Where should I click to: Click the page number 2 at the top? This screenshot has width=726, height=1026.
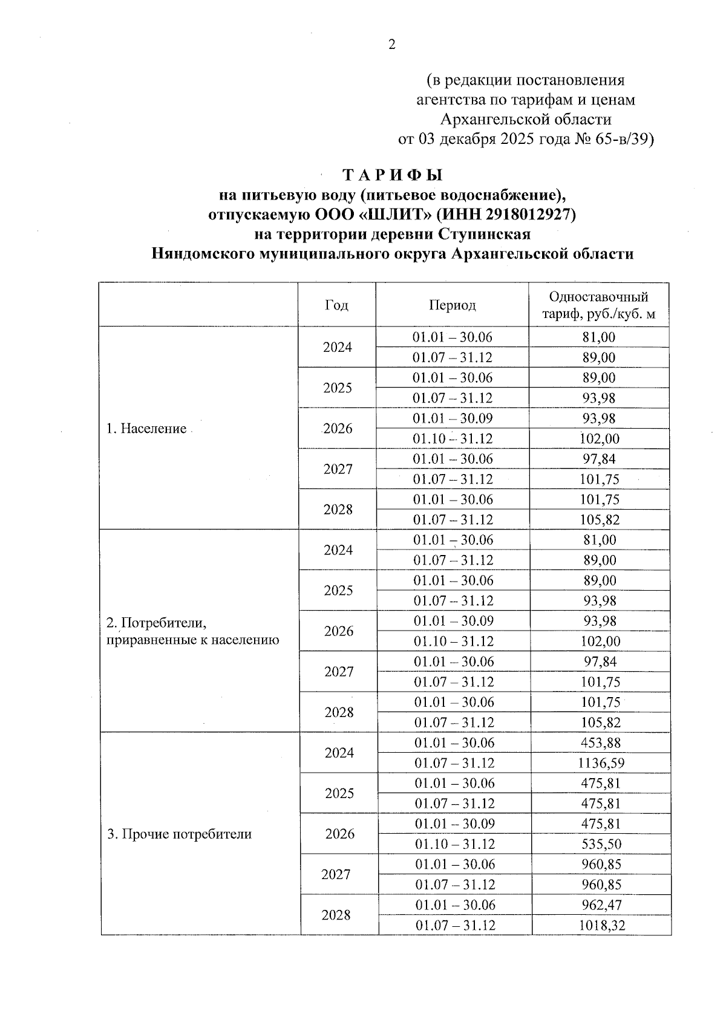[391, 45]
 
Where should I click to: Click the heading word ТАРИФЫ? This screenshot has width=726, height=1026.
[393, 176]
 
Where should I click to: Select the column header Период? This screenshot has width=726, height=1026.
[452, 305]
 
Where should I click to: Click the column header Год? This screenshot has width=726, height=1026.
[336, 305]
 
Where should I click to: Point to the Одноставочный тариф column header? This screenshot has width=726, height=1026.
[598, 305]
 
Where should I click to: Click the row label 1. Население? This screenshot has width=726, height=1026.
[146, 429]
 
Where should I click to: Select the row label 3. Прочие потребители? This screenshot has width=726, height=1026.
[179, 834]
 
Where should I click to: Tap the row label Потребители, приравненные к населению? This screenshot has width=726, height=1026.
[192, 631]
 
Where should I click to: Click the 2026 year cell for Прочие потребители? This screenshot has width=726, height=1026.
[339, 834]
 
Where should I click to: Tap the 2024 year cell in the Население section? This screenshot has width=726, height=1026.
[337, 348]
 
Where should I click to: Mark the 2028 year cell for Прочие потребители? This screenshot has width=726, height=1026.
[336, 915]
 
